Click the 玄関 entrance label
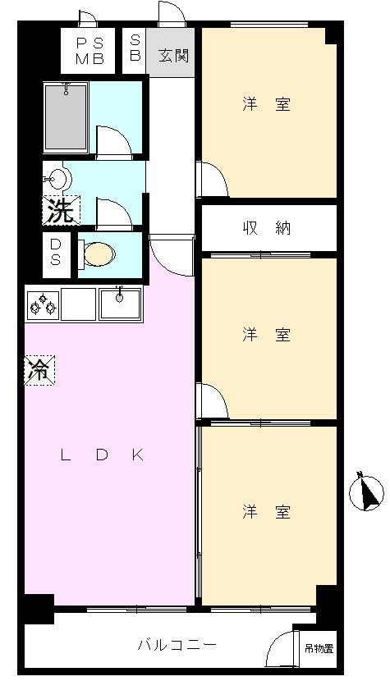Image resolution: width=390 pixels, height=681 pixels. (x=173, y=56)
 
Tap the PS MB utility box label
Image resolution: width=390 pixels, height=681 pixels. (x=90, y=50)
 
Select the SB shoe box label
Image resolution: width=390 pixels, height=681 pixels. (x=135, y=49)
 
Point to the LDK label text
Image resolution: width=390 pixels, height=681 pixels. (x=102, y=456)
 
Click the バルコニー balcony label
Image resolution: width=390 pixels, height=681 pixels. (x=177, y=646)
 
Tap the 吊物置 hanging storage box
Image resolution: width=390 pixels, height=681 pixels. (x=319, y=648)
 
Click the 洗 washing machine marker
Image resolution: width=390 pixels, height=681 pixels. (x=59, y=212)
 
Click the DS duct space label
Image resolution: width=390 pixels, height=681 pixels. (x=55, y=252)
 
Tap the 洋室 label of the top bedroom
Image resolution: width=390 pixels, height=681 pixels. (x=266, y=105)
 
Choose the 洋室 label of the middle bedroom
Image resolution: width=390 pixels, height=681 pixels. (x=266, y=335)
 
